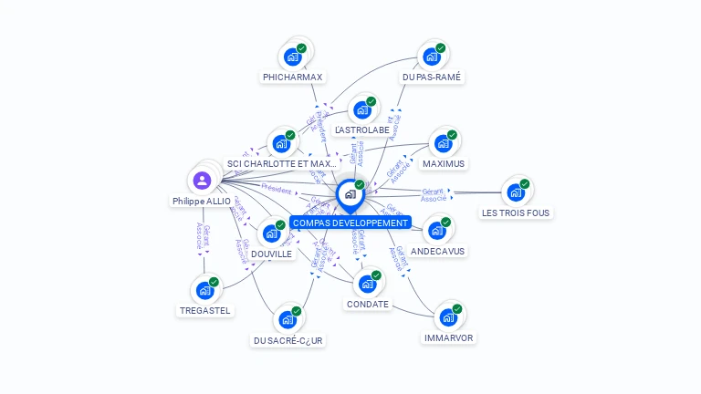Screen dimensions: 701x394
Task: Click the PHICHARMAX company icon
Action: click(293, 57)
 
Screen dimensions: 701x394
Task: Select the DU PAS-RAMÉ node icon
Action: click(432, 57)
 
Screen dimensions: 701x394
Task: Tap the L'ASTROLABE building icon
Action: click(362, 110)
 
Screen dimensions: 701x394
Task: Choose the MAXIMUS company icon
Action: click(444, 143)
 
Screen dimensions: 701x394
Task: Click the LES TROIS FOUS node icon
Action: click(516, 192)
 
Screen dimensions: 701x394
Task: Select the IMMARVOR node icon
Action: click(448, 317)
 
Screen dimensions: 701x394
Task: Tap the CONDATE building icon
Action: click(368, 284)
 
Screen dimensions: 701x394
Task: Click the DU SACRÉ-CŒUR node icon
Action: click(288, 320)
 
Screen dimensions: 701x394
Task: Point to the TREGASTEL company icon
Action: click(205, 291)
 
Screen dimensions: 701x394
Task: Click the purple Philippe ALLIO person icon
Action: click(202, 181)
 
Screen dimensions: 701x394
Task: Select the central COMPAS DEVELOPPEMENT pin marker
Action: click(350, 195)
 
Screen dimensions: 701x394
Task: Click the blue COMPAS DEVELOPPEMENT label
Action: click(350, 223)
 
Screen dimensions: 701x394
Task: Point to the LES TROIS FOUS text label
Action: click(516, 213)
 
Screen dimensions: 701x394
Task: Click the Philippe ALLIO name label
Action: click(201, 201)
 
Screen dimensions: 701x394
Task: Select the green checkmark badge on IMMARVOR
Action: click(457, 309)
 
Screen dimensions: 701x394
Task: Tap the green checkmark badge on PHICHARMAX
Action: click(302, 48)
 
